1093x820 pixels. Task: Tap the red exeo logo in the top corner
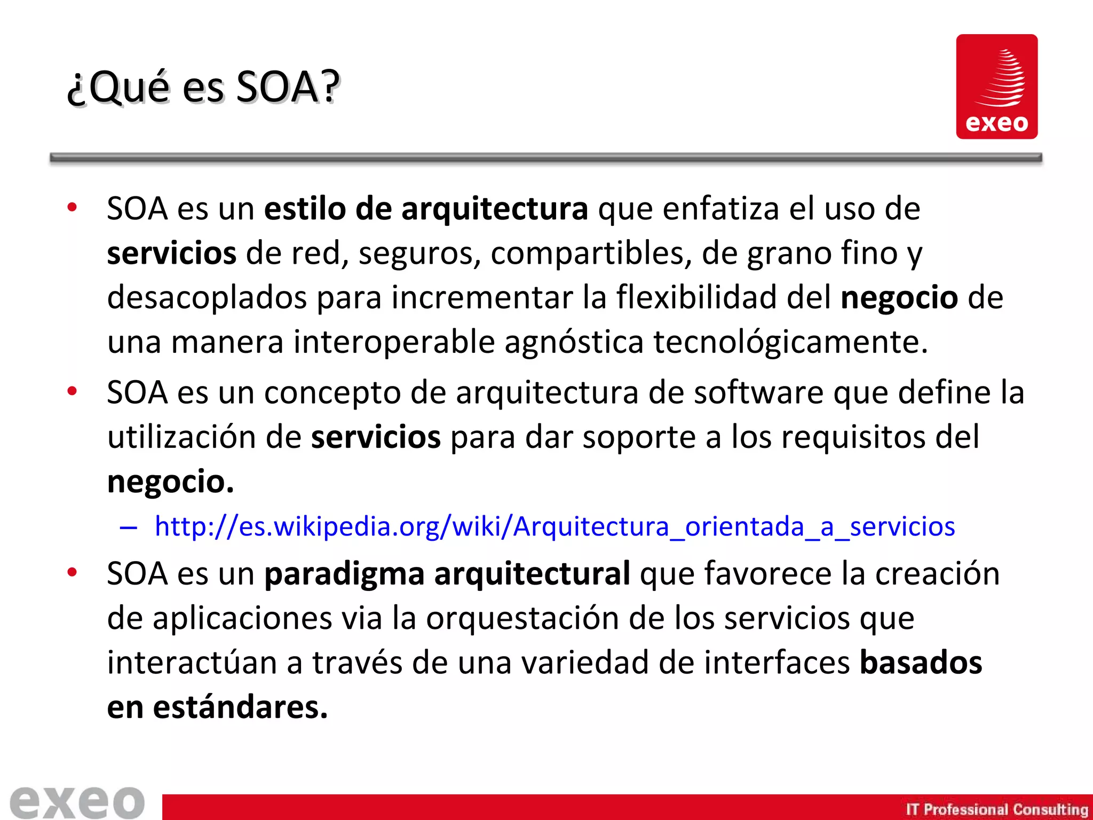pyautogui.click(x=996, y=86)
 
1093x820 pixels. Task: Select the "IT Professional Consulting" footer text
pyautogui.click(x=996, y=809)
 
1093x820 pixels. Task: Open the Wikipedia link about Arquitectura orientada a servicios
pyautogui.click(x=555, y=526)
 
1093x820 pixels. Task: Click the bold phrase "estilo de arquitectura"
pyautogui.click(x=426, y=209)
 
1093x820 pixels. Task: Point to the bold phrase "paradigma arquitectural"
pyautogui.click(x=447, y=574)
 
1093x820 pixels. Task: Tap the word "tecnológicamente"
pyautogui.click(x=790, y=342)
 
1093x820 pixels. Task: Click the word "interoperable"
pyautogui.click(x=394, y=342)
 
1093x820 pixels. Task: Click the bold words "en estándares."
pyautogui.click(x=217, y=707)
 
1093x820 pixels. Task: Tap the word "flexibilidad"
pyautogui.click(x=696, y=297)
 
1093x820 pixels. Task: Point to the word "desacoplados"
pyautogui.click(x=207, y=297)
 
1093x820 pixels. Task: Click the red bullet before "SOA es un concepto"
pyautogui.click(x=73, y=391)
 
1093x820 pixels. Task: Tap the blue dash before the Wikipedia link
pyautogui.click(x=129, y=527)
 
